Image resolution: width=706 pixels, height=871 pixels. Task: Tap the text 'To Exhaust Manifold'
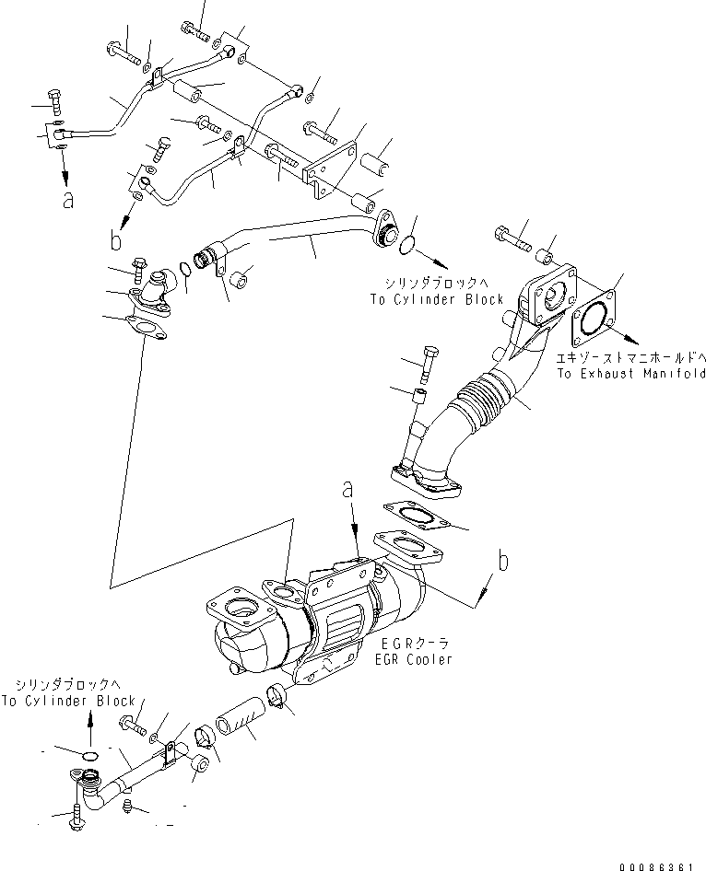point(630,374)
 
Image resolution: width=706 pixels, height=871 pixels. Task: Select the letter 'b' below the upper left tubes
point(115,241)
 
